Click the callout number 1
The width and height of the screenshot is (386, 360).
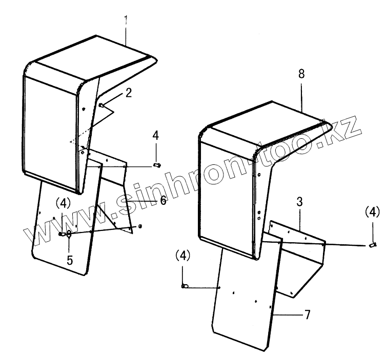coord(126,20)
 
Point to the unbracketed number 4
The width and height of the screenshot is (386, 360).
coord(156,136)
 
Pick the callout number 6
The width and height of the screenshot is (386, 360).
coord(163,200)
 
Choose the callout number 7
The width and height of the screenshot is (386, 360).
coord(307,314)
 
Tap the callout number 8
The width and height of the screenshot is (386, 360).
coord(301,73)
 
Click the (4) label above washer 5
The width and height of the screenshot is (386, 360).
coord(63,203)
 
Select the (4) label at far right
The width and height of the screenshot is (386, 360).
coord(373,211)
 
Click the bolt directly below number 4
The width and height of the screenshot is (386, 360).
coord(157,165)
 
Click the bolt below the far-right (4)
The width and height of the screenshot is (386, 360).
coord(372,245)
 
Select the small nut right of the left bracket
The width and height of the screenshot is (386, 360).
coord(140,226)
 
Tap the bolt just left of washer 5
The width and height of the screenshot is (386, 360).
coord(62,234)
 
